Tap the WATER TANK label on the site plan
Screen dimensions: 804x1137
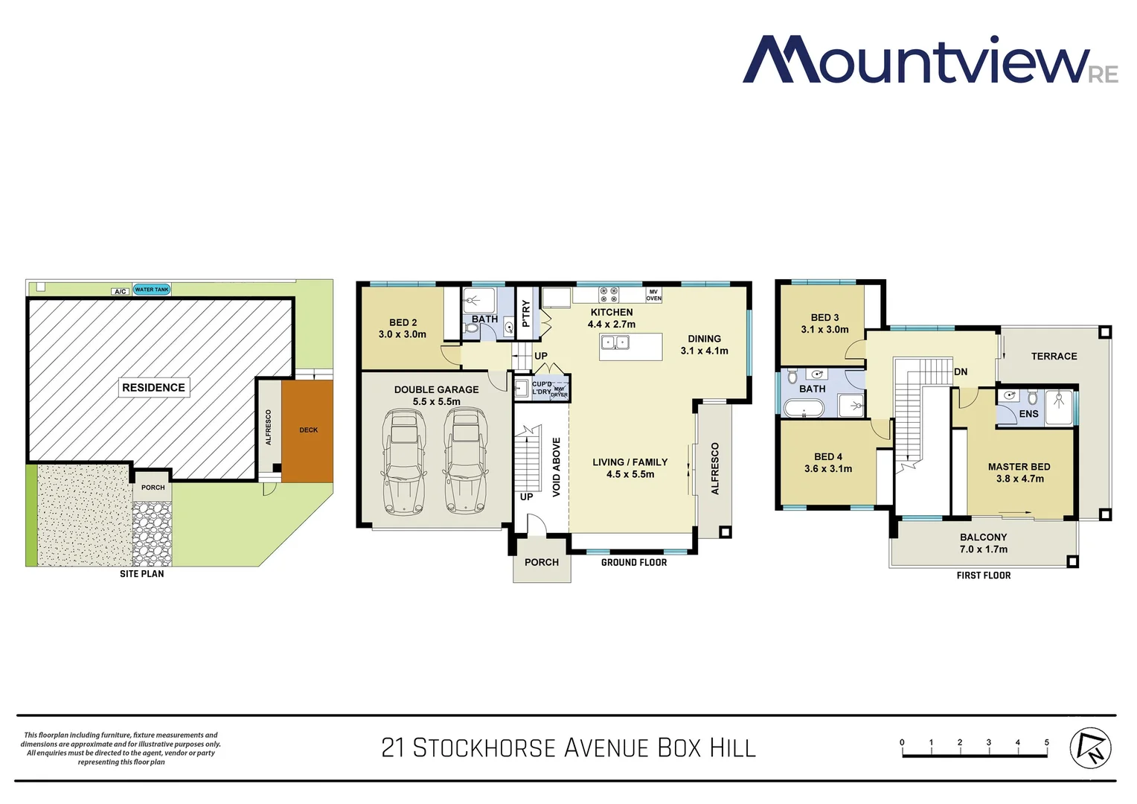click(x=152, y=290)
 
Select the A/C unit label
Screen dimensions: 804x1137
click(x=120, y=291)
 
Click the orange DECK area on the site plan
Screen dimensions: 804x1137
click(x=307, y=430)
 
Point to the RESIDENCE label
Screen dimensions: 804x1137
click(x=153, y=387)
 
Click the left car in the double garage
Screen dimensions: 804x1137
click(x=403, y=462)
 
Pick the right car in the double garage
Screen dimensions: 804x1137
click(x=465, y=462)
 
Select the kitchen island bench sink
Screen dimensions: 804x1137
click(x=615, y=342)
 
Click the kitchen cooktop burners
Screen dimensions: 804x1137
click(x=609, y=295)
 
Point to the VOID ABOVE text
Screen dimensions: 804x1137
click(x=557, y=467)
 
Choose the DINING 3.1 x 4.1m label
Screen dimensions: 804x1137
click(x=704, y=345)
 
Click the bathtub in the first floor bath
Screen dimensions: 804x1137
click(x=804, y=408)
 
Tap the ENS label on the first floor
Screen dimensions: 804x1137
click(x=1028, y=414)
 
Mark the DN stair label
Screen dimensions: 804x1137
click(x=961, y=371)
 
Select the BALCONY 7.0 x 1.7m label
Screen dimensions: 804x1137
click(x=983, y=543)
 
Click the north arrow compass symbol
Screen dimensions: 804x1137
click(x=1090, y=747)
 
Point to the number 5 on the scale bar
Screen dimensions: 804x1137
click(x=1046, y=742)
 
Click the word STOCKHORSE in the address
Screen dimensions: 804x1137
click(x=484, y=747)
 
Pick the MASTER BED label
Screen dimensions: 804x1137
click(x=1019, y=472)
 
